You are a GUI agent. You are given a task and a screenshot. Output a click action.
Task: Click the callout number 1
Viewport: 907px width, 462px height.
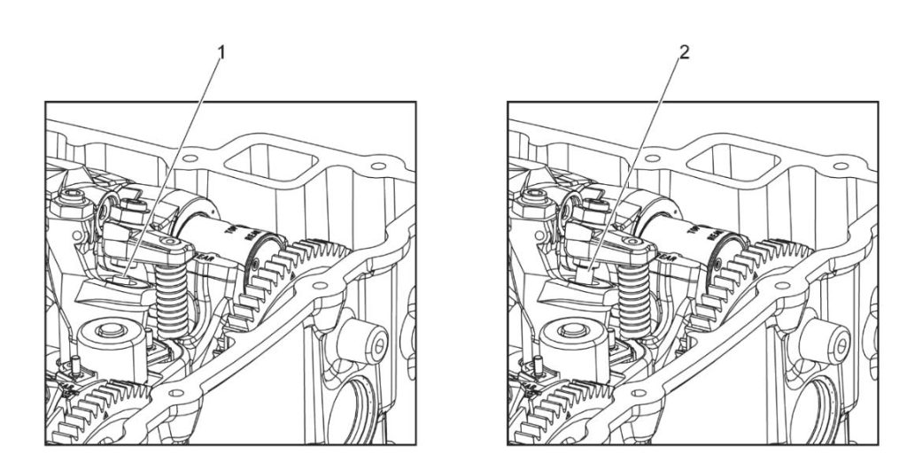pos(222,52)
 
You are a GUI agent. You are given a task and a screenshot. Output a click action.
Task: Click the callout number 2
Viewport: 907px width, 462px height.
pos(683,52)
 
